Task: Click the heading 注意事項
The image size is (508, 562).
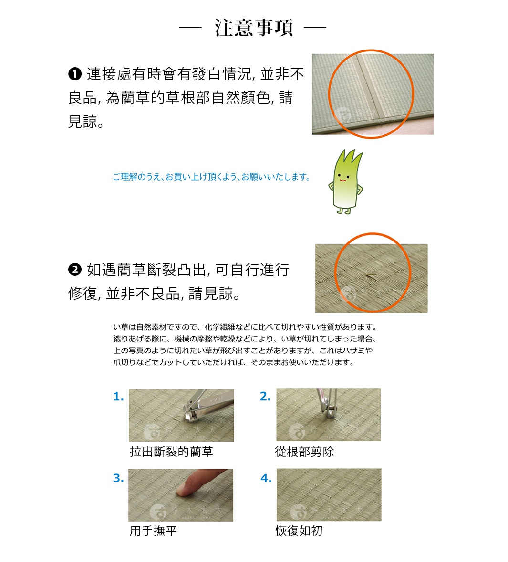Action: pyautogui.click(x=253, y=28)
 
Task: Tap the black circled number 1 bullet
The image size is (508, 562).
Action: pyautogui.click(x=75, y=74)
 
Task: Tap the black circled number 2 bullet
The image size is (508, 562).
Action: pyautogui.click(x=75, y=270)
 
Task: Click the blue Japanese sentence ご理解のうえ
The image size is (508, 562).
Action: pyautogui.click(x=211, y=177)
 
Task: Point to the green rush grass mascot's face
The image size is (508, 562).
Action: pyautogui.click(x=343, y=178)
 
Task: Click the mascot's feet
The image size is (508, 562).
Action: pyautogui.click(x=343, y=210)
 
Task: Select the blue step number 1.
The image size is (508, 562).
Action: pyautogui.click(x=118, y=397)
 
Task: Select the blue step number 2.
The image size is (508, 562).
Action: pyautogui.click(x=265, y=397)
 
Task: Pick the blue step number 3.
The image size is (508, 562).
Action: pyautogui.click(x=118, y=478)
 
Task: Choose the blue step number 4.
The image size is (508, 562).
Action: pyautogui.click(x=266, y=478)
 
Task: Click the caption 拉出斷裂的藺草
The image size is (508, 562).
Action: pyautogui.click(x=171, y=452)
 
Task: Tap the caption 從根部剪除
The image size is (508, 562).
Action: pyautogui.click(x=304, y=452)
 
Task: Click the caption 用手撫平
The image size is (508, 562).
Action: pyautogui.click(x=153, y=531)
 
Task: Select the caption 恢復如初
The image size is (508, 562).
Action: pyautogui.click(x=299, y=531)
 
